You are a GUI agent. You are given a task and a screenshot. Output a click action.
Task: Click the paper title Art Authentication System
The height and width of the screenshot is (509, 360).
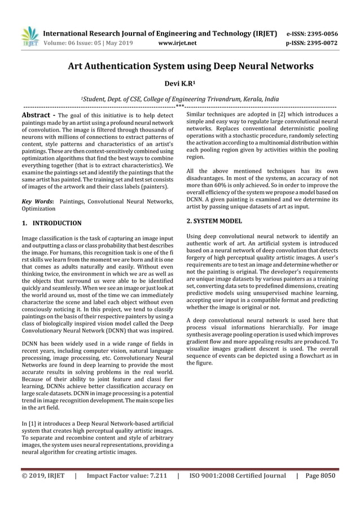click(191, 66)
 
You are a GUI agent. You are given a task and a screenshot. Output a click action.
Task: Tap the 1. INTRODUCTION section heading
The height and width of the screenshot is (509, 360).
click(51, 223)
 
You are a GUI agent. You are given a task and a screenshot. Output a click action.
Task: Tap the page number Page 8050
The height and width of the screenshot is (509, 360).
click(319, 475)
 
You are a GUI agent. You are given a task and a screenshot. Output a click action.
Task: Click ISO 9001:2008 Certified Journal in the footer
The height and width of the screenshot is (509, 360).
click(238, 475)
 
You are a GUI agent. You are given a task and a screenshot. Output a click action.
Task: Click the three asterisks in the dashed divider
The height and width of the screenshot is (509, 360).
click(180, 106)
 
